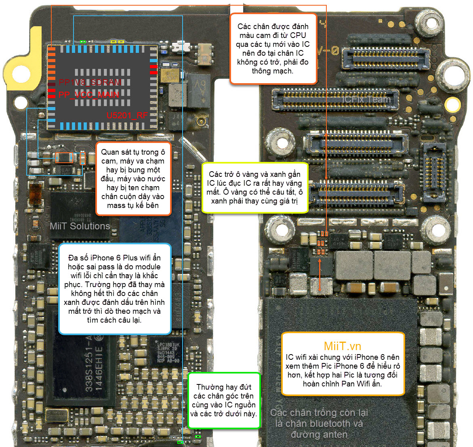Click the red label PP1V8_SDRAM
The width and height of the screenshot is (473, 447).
click(x=90, y=82)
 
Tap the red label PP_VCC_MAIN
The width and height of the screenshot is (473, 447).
click(x=88, y=95)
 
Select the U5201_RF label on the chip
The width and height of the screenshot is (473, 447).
click(x=127, y=115)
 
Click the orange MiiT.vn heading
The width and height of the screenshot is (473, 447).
click(x=342, y=346)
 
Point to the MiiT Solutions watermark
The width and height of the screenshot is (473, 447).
click(x=80, y=226)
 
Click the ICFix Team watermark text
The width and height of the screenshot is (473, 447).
click(x=366, y=99)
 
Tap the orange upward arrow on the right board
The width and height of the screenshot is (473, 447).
click(x=320, y=275)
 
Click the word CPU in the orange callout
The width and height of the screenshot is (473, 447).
click(x=298, y=36)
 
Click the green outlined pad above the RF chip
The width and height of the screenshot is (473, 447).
click(x=83, y=42)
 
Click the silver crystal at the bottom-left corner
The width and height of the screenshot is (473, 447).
click(x=57, y=415)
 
